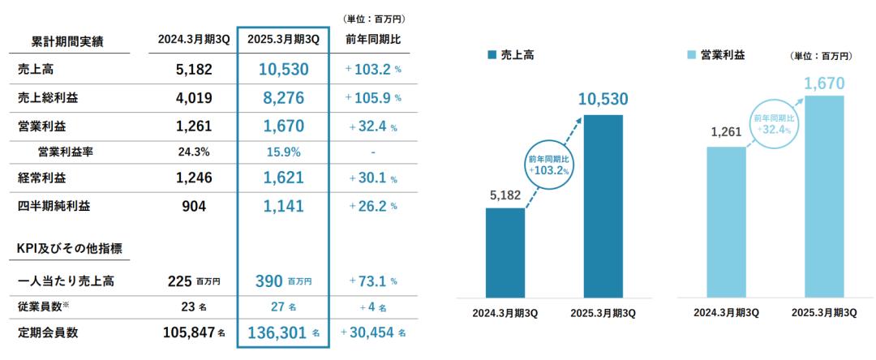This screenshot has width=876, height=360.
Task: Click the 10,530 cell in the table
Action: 284,70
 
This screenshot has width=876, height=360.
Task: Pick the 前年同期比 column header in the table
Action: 372,39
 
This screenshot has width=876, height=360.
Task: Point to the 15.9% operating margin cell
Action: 284,152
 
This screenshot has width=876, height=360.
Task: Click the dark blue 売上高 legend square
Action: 492,55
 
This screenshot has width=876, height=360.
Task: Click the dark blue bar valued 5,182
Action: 505,252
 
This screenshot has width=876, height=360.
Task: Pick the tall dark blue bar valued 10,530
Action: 603,205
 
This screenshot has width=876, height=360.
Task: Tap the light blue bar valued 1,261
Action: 726,221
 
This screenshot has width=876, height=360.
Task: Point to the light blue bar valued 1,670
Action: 824,196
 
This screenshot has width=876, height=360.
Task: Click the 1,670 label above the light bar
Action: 825,84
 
